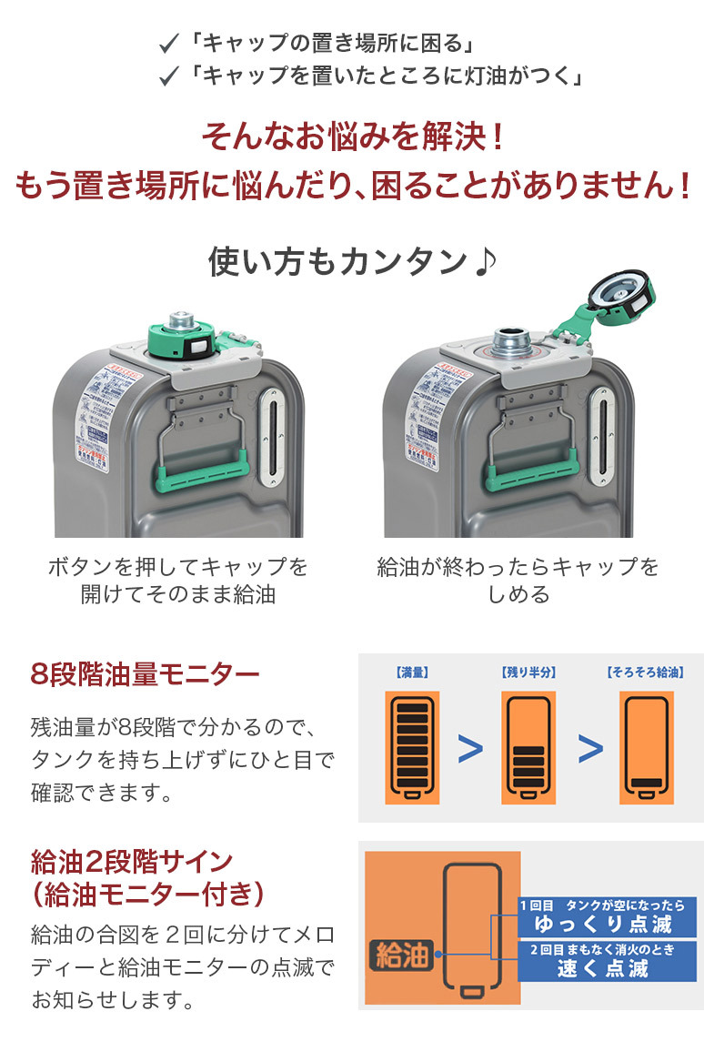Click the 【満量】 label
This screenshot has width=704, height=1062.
(x=413, y=673)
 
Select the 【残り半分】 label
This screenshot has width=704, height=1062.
(x=528, y=673)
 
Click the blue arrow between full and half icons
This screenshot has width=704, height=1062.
(x=470, y=749)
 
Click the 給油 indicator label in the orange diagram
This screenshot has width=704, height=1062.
(x=401, y=955)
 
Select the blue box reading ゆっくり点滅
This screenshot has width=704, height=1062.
(x=607, y=915)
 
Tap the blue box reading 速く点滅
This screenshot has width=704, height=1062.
(x=607, y=961)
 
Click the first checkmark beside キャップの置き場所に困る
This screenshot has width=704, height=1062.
(x=168, y=43)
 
